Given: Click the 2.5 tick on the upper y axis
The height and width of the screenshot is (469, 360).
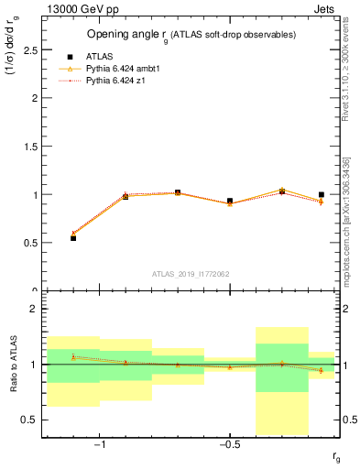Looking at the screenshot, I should pos(32,49).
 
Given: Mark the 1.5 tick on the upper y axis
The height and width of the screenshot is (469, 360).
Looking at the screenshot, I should pos(32,147).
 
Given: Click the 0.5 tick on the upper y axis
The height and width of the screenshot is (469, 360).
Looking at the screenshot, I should pos(32,243).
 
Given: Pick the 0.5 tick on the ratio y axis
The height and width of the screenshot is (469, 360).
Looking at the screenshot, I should pos(32,420).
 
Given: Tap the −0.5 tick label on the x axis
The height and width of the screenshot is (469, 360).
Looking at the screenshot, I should pos(227,445).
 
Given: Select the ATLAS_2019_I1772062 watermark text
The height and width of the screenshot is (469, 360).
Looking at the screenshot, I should pos(191,273).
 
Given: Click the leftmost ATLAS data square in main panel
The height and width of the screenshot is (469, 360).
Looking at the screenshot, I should pos(73,237).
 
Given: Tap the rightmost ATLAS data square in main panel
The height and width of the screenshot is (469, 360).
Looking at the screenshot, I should pos(322,194).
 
